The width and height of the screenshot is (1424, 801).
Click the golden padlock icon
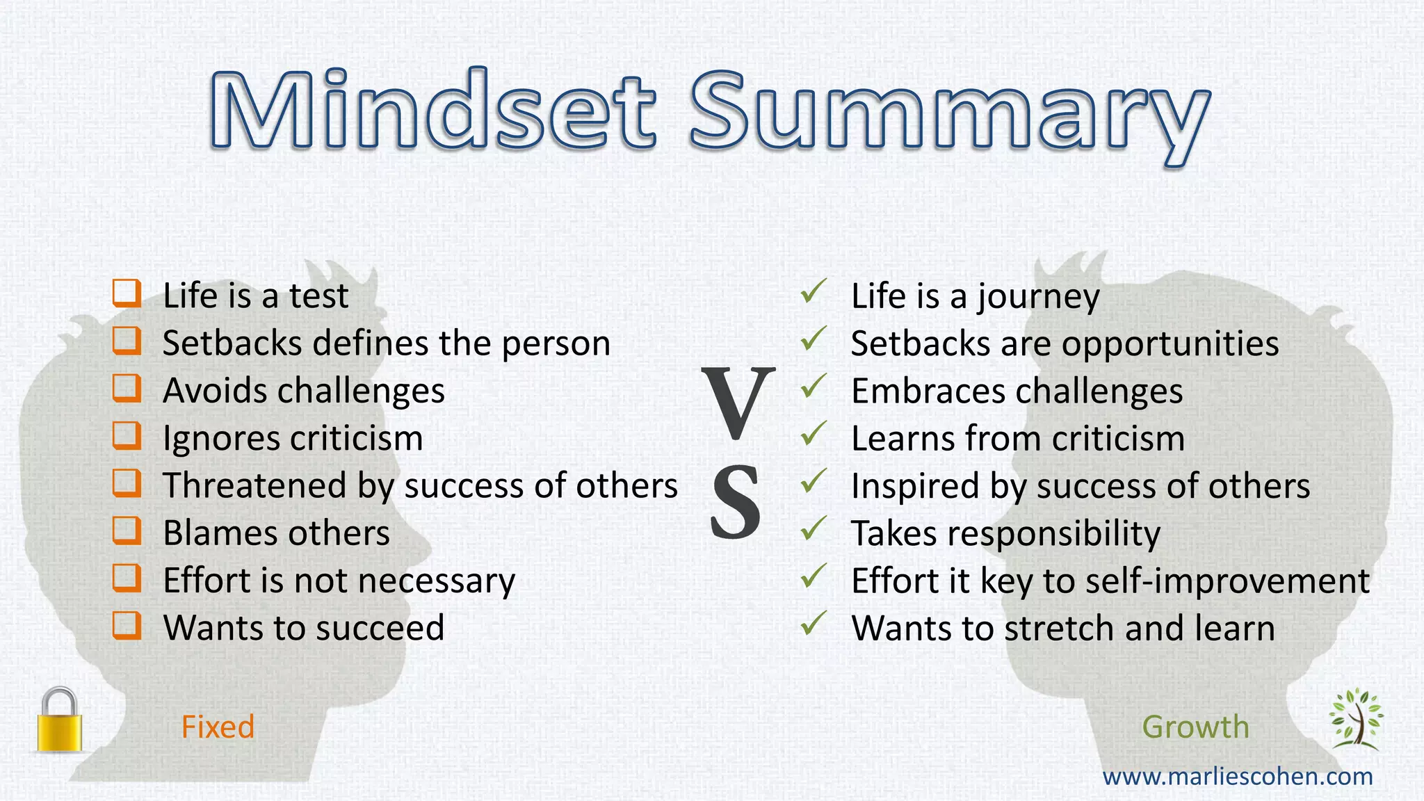pos(60,720)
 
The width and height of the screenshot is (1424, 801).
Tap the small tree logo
pos(1355,719)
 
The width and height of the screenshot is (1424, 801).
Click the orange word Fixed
pos(218,727)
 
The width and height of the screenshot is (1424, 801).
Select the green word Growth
pos(1195,727)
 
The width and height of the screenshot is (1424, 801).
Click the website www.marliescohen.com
pos(1238,776)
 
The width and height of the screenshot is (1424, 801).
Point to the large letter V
pos(737,403)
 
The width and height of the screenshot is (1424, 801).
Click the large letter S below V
pos(736,502)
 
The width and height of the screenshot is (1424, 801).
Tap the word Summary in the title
pos(950,115)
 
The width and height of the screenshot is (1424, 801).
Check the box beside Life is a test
pos(127,293)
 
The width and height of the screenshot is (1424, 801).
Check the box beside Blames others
pos(127,531)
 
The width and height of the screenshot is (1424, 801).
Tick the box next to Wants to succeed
pos(127,626)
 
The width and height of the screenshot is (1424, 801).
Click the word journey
pos(1038,298)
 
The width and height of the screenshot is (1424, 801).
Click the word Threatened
pos(254,485)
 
